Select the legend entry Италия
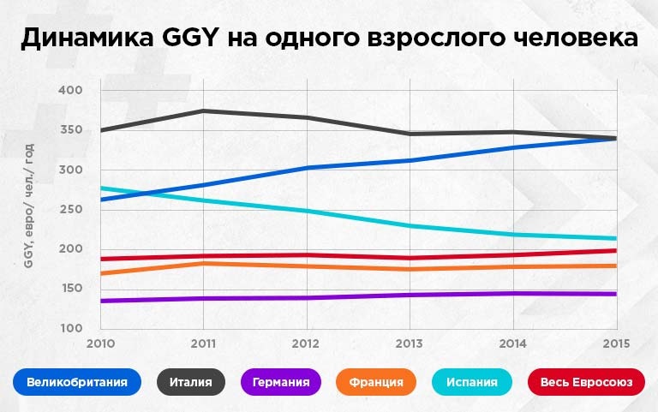pyautogui.click(x=190, y=381)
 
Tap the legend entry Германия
pyautogui.click(x=281, y=381)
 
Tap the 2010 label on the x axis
pyautogui.click(x=100, y=343)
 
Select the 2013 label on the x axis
pyautogui.click(x=410, y=343)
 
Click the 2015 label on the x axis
pyautogui.click(x=615, y=343)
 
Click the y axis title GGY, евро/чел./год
pyautogui.click(x=28, y=206)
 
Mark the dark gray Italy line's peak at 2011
pyautogui.click(x=203, y=110)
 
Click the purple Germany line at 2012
pyautogui.click(x=306, y=298)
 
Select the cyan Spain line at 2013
pyautogui.click(x=410, y=226)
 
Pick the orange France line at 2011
pyautogui.click(x=203, y=263)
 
